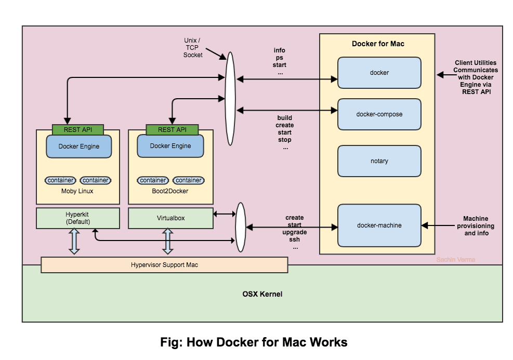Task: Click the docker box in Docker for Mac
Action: (x=379, y=73)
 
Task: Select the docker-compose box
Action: (x=379, y=114)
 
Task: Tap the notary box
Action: (x=379, y=161)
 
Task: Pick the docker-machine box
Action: (x=379, y=225)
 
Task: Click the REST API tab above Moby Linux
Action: (x=78, y=129)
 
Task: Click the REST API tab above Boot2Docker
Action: (x=172, y=129)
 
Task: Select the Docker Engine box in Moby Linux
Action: (x=79, y=146)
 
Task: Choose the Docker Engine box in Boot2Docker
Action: (x=170, y=146)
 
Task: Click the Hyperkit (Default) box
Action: (x=78, y=218)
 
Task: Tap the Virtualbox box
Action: (x=171, y=218)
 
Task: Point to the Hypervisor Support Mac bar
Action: (x=164, y=265)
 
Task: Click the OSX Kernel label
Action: (x=262, y=294)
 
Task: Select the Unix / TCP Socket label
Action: (x=192, y=48)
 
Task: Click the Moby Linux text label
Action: (x=77, y=191)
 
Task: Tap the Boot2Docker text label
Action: (x=170, y=191)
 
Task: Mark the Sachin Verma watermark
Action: (x=456, y=260)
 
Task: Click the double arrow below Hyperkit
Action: (x=74, y=242)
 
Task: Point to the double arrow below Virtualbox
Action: (x=168, y=242)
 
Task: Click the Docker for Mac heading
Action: (x=378, y=44)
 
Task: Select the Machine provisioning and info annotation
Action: (x=476, y=226)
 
